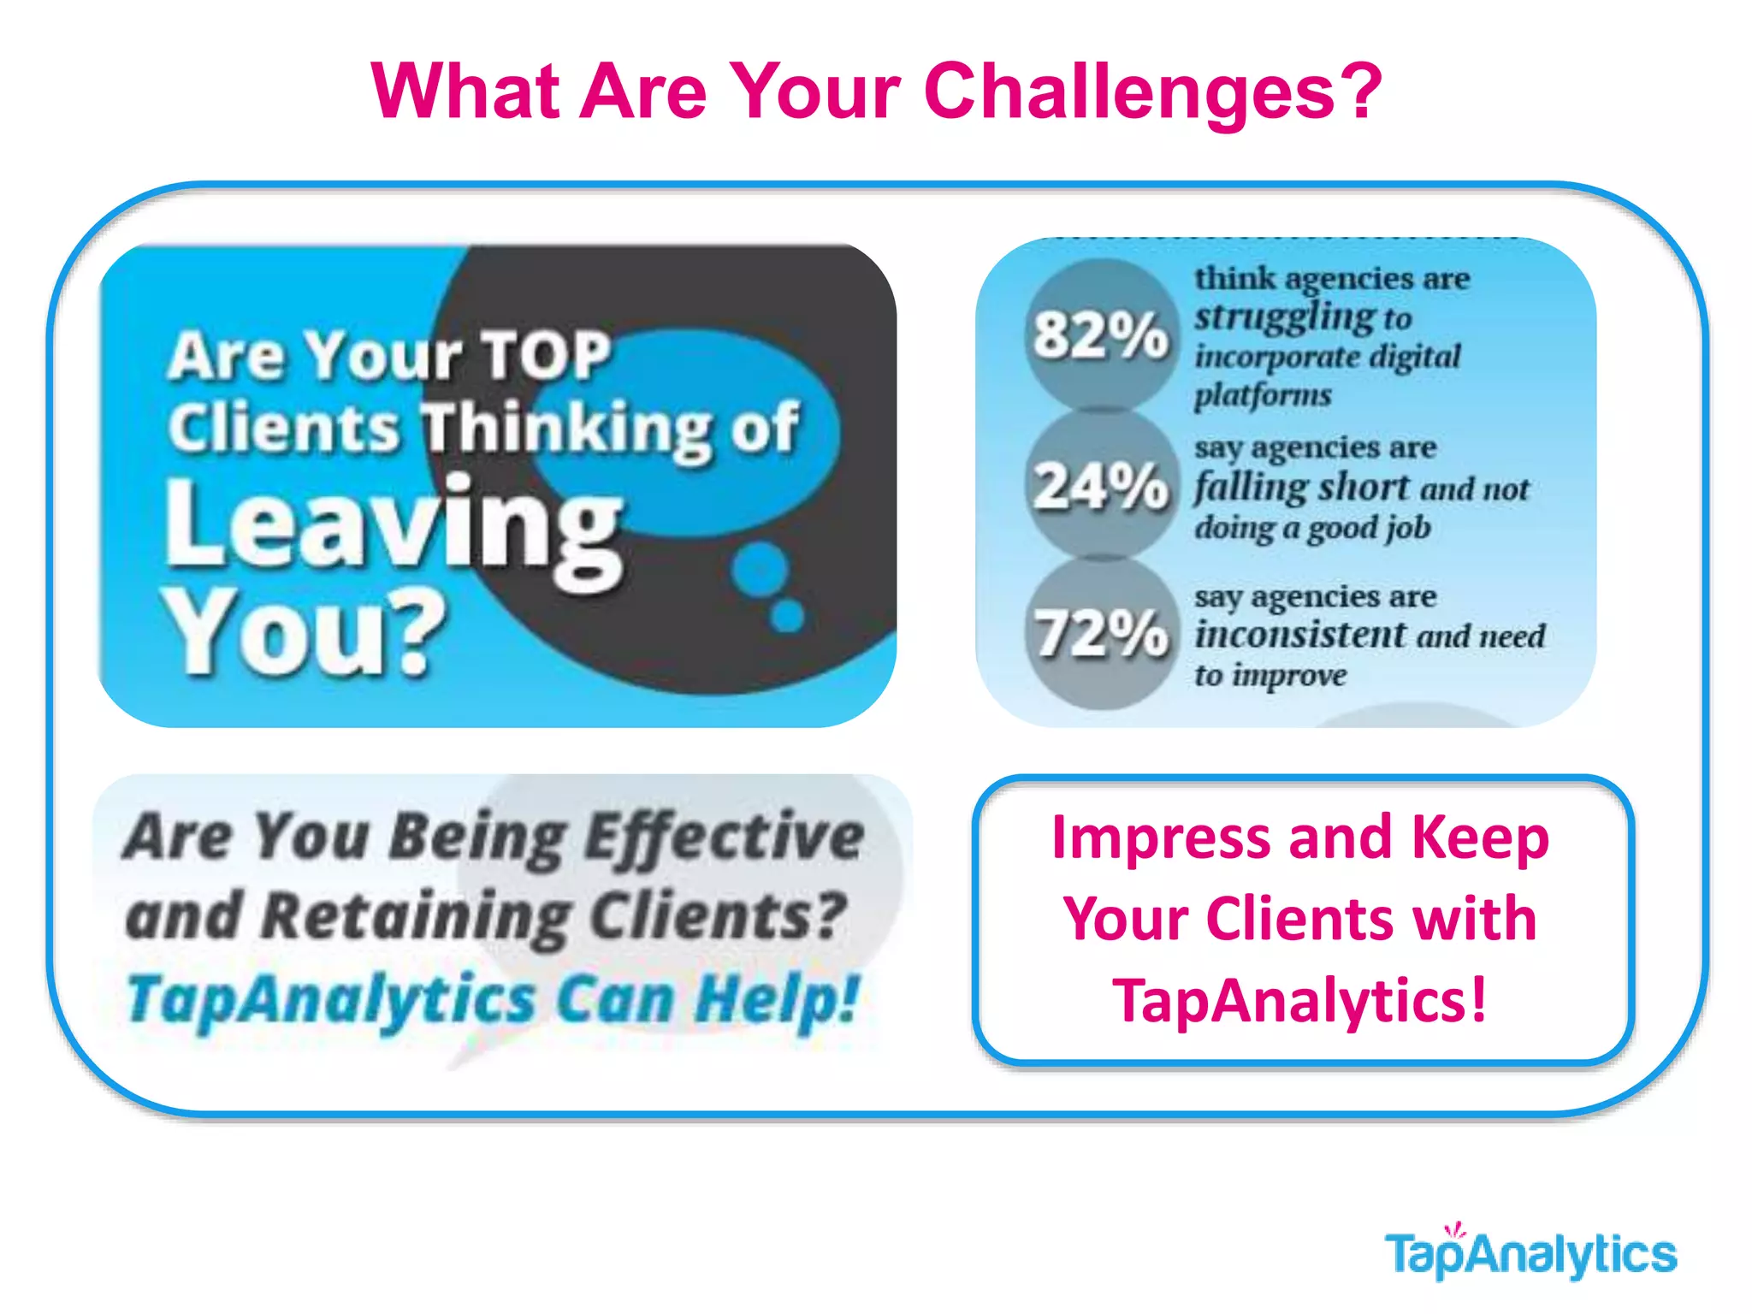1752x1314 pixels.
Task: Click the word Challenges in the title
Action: tap(1129, 92)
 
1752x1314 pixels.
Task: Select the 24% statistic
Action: tap(1100, 486)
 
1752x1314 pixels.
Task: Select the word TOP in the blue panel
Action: tap(547, 355)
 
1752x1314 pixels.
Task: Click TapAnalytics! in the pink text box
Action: tap(1299, 1001)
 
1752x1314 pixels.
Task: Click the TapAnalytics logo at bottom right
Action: tap(1530, 1254)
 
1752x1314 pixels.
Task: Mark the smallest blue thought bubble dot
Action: tap(788, 615)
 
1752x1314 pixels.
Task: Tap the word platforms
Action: tap(1263, 395)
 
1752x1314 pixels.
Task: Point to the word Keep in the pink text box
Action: tap(1480, 838)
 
